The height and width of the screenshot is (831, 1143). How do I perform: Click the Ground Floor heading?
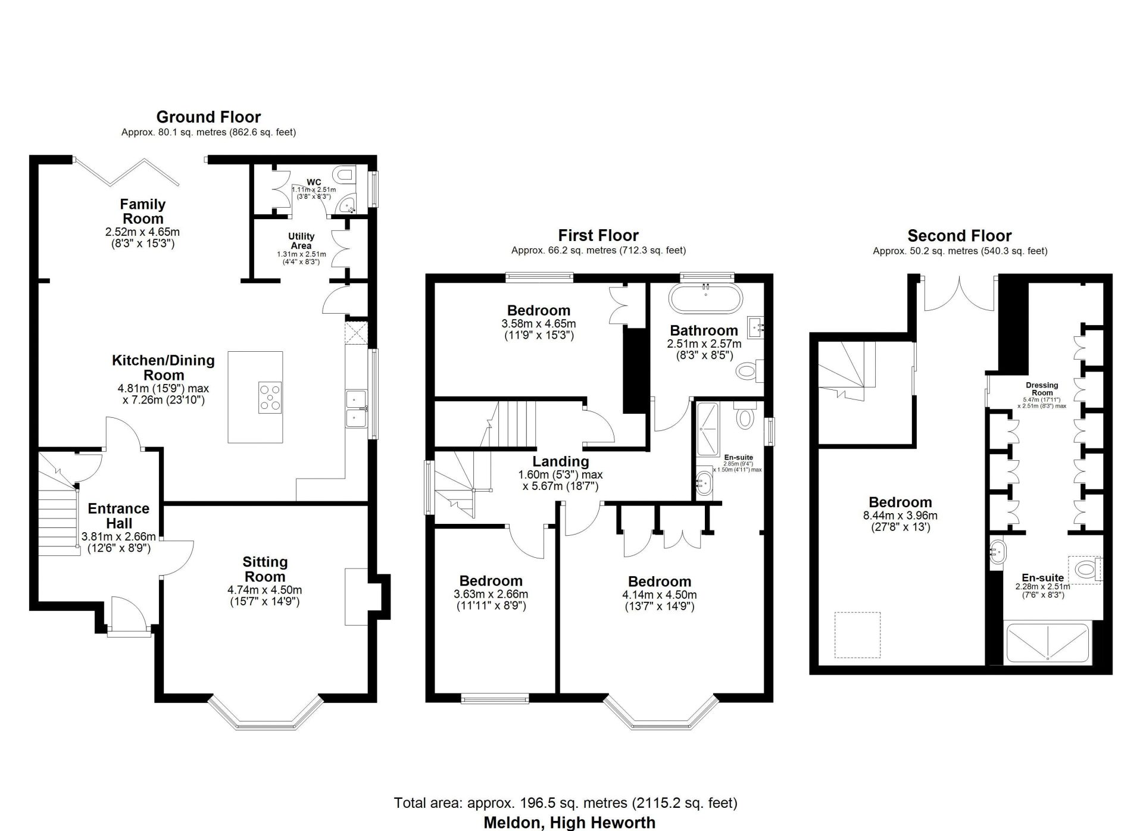(x=208, y=117)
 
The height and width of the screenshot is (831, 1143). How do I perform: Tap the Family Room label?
(x=142, y=211)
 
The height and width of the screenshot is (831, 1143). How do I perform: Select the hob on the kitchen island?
(x=271, y=397)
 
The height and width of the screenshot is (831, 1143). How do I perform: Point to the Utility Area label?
(x=301, y=241)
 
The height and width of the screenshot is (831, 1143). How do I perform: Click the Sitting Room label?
(x=265, y=569)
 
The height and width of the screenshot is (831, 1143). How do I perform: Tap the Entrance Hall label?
(x=118, y=516)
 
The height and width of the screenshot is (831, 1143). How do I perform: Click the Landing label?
(x=561, y=461)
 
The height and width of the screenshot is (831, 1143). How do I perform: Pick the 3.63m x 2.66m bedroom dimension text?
(x=491, y=594)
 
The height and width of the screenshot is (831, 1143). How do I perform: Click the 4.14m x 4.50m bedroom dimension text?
(x=659, y=595)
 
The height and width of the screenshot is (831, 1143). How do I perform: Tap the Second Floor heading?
(x=960, y=236)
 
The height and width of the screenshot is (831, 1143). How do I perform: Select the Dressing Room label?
(x=1042, y=389)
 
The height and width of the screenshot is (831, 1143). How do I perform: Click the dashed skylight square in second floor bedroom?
(x=857, y=635)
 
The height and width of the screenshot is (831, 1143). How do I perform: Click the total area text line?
(x=566, y=803)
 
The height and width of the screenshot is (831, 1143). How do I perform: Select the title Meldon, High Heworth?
(x=569, y=823)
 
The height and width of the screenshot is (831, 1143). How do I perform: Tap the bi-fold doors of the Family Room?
(x=126, y=172)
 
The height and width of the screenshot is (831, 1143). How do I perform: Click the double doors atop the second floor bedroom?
(x=960, y=293)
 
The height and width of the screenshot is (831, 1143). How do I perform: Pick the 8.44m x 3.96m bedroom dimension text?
(x=900, y=516)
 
